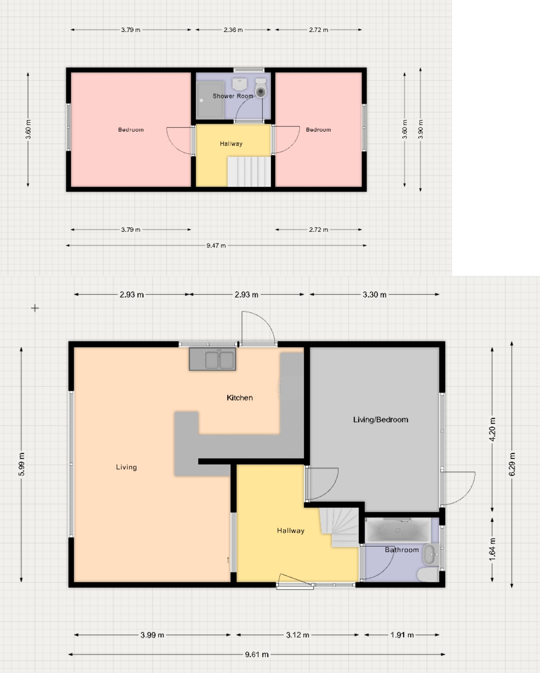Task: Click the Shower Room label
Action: pos(233,96)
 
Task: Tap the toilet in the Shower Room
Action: pos(261,89)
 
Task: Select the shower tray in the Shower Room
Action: pos(210,100)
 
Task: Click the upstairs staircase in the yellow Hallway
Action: pos(249,172)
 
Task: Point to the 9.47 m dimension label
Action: pos(216,245)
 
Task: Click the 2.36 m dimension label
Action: pos(233,30)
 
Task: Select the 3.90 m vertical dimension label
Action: pos(420,129)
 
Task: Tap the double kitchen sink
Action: pos(212,359)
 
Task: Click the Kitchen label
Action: pos(240,398)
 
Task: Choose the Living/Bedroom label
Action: pos(380,420)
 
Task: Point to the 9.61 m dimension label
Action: pos(257,654)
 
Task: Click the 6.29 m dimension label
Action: pos(512,464)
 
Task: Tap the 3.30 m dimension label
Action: pos(374,295)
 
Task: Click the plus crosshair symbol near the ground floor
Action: pos(35,308)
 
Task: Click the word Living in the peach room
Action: pos(126,467)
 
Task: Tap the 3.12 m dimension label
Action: pos(297,635)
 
